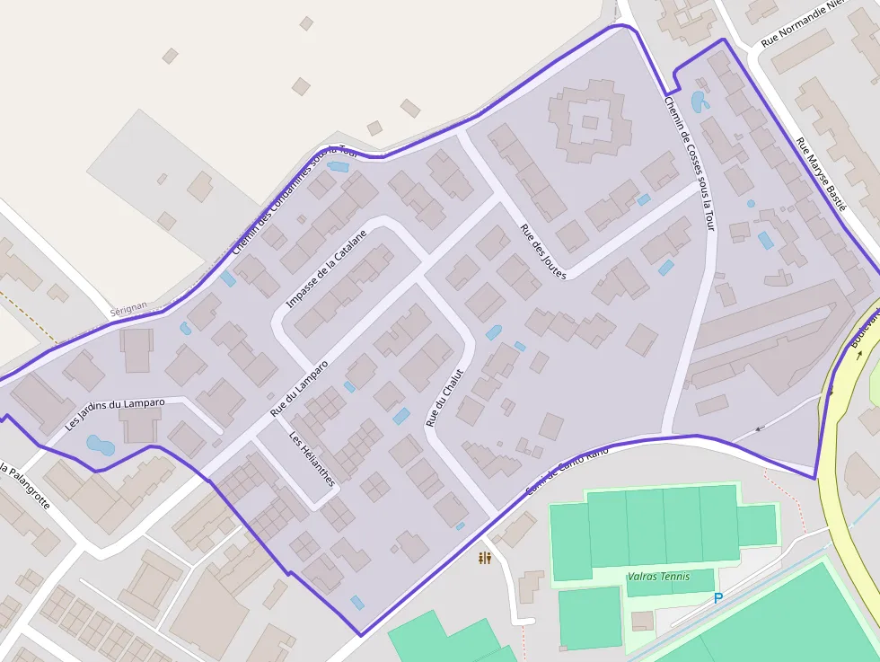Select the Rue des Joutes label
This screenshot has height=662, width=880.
pos(543,252)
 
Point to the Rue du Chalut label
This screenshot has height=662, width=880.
pos(444,397)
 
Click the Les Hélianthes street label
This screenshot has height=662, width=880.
pos(312,459)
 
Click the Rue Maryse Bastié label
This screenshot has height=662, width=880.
pos(822,172)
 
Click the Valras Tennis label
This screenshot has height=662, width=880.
pos(659,577)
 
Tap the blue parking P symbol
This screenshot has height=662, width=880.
pos(717,598)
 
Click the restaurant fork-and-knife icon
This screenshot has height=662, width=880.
pos(485,559)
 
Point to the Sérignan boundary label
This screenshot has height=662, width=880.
pos(128,307)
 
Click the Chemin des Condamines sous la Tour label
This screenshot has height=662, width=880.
pos(295,199)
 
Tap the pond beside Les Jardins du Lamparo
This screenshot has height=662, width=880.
pos(100,445)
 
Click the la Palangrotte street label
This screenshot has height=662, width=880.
pos(22,487)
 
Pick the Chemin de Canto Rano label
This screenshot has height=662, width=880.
pos(568,469)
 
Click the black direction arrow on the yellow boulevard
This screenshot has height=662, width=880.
pos(859,353)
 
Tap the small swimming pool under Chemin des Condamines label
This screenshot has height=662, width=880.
pos(338,166)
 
